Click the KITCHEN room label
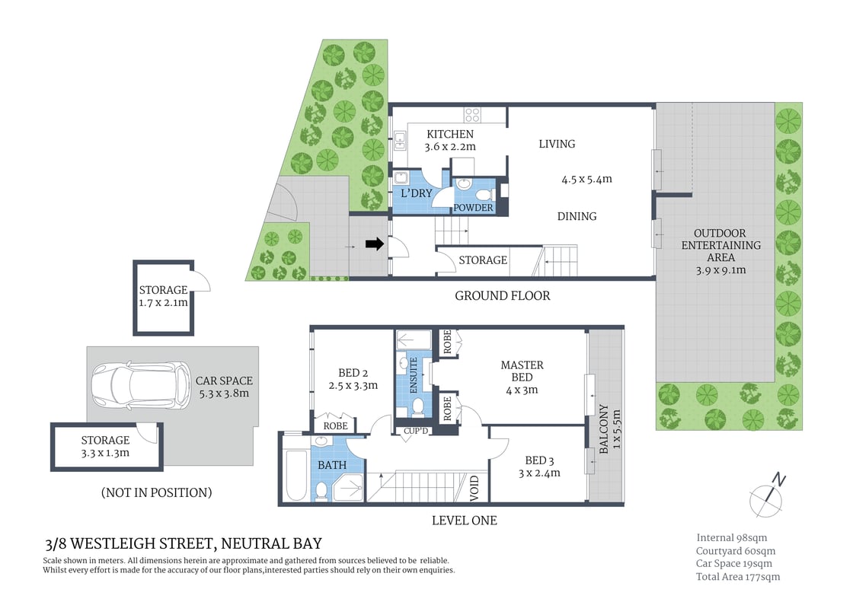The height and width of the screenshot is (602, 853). coord(449,135)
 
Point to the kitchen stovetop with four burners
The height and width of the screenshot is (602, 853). coord(473,115)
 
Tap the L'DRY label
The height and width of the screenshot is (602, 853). coord(417,193)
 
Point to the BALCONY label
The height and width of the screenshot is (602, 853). coord(603,428)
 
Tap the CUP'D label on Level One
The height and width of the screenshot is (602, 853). coord(416,431)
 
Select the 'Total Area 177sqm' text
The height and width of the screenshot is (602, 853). coord(737,576)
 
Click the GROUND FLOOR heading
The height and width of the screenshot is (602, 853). coord(502,295)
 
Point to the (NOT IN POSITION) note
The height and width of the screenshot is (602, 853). coord(156,492)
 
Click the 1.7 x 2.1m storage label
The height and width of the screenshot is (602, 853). coord(163,302)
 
